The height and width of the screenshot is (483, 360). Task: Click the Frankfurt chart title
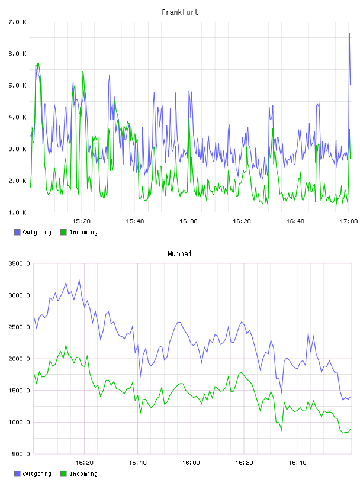tap(180, 12)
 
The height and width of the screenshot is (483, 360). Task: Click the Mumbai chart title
tap(179, 254)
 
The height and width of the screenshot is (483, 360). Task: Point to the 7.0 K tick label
tap(18, 22)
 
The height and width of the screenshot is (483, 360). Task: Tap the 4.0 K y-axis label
tap(18, 117)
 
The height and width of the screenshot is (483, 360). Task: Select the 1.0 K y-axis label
tap(18, 212)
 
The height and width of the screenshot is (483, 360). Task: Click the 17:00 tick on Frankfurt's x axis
tap(349, 221)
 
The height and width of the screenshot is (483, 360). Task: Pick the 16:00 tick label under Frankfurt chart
tap(188, 221)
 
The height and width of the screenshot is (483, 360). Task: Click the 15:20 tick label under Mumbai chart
tap(84, 462)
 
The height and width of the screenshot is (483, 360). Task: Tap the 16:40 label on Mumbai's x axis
tap(297, 462)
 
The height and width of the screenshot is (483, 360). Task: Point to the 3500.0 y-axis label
tap(20, 263)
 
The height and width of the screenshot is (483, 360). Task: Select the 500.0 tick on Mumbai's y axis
tap(21, 454)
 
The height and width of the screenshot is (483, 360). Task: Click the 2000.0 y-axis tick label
tap(20, 359)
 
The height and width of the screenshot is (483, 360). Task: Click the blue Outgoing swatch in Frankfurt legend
tap(17, 232)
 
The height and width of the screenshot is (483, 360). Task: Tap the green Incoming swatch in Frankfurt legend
tap(63, 232)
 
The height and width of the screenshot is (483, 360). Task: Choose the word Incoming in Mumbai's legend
tap(83, 474)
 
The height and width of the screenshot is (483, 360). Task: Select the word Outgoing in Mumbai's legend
tap(37, 474)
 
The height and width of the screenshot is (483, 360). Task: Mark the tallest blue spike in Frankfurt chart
tap(349, 33)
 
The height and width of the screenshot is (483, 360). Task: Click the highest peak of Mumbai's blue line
tap(79, 280)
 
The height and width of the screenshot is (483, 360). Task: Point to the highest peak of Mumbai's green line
tap(66, 345)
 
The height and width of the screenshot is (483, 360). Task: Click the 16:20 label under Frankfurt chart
tap(242, 221)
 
